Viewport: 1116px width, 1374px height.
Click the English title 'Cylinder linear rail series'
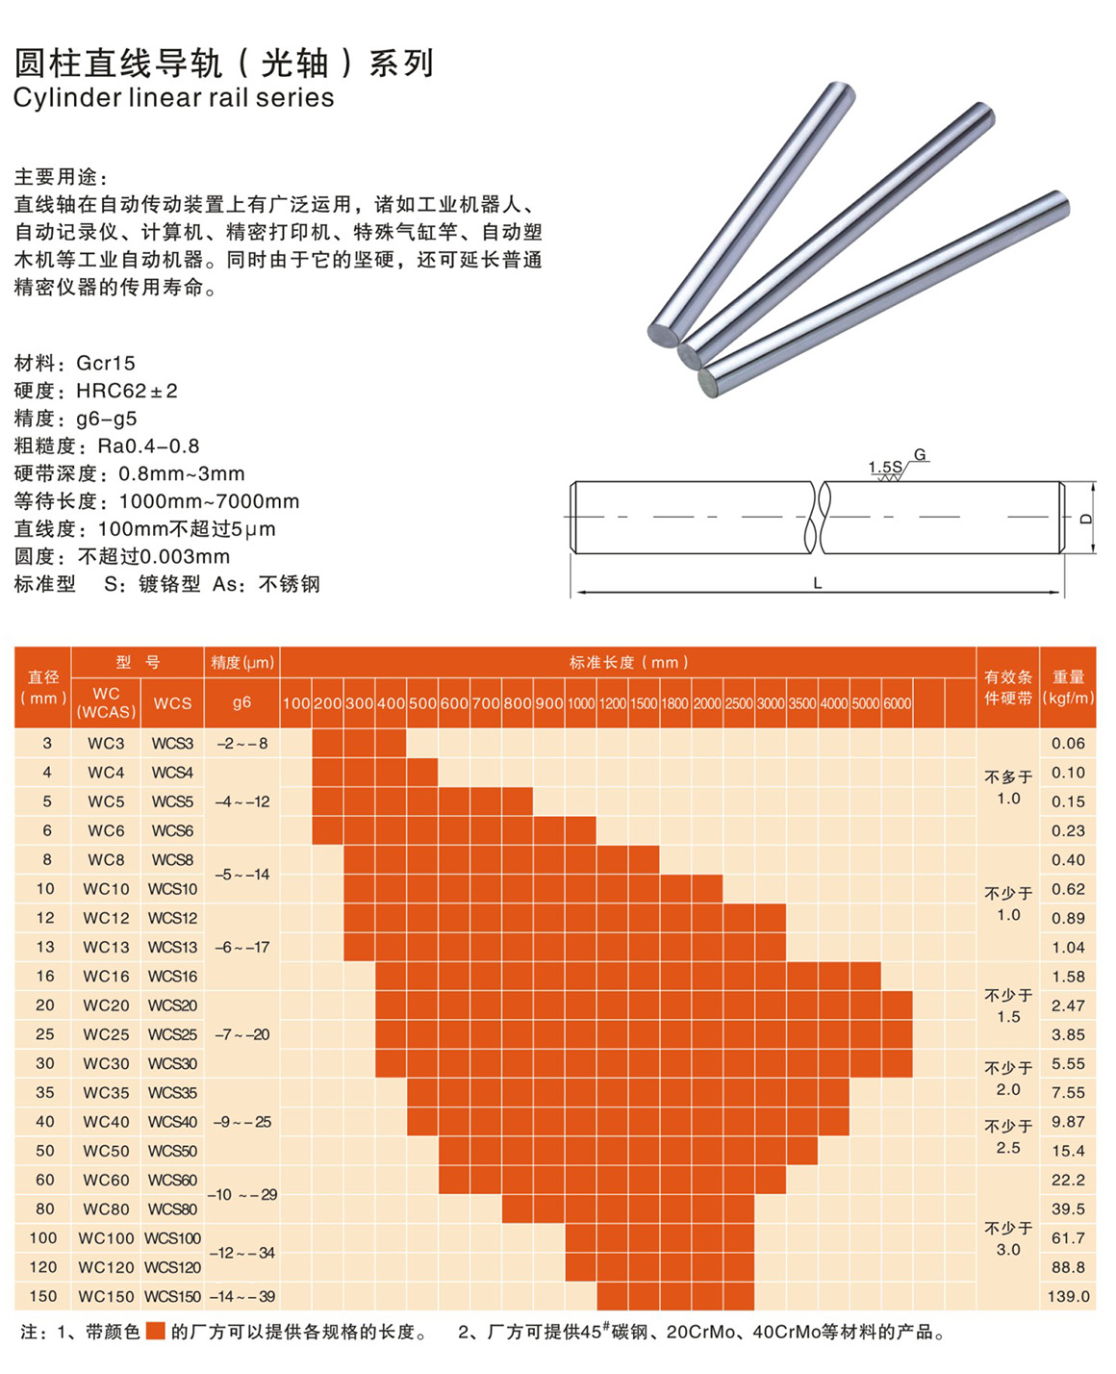coord(173,98)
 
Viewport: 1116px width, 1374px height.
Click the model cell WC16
coord(106,977)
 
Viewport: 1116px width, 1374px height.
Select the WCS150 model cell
coord(172,1296)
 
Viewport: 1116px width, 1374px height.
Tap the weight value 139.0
coord(1068,1296)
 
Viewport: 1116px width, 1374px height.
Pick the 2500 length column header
coord(739,703)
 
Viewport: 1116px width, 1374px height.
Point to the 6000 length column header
coord(897,703)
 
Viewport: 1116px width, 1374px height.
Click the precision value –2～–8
coord(241,744)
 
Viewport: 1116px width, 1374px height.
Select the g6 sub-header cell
coord(241,702)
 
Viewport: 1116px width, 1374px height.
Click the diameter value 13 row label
coord(45,948)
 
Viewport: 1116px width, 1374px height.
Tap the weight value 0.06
coord(1068,744)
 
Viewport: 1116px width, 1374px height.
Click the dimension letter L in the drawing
coord(818,583)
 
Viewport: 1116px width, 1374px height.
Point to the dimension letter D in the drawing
coord(1086,519)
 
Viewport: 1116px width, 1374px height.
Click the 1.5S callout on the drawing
coord(885,468)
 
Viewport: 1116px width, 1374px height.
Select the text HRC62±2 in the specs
coord(127,391)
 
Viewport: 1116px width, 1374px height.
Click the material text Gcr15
coord(106,363)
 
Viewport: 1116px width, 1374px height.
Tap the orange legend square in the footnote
coord(156,1332)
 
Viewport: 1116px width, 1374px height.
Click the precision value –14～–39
coord(241,1296)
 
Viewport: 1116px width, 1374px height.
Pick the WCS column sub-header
coord(172,703)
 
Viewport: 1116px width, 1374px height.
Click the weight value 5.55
coord(1068,1064)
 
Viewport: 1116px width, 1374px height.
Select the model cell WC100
coord(106,1238)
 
